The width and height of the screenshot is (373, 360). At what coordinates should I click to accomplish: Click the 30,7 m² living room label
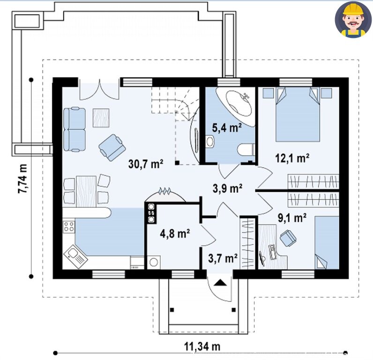146,164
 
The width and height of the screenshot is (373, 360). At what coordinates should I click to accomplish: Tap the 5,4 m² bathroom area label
227,128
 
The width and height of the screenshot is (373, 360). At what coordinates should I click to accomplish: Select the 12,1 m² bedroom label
292,158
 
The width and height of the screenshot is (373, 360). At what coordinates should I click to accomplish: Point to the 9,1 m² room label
292,217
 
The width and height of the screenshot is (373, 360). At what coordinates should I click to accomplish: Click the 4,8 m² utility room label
175,233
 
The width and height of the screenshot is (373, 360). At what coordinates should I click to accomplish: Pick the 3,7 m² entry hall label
223,258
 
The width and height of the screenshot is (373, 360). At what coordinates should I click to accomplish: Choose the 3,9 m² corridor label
227,188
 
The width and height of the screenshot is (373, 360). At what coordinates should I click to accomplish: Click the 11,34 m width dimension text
202,346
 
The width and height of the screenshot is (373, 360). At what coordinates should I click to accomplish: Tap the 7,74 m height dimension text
23,179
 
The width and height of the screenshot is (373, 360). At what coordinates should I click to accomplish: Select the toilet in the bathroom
246,150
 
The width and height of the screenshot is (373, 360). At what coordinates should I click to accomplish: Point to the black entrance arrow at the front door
221,283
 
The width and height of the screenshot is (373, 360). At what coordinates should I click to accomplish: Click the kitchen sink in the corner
75,256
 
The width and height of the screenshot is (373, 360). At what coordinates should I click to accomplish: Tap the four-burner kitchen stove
69,226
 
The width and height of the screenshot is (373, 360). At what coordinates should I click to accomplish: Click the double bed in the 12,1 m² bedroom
298,114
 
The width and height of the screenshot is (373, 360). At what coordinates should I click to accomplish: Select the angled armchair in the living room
112,148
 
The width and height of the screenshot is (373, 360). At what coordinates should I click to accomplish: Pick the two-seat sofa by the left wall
75,129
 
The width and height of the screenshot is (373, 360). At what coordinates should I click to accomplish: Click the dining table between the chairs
86,192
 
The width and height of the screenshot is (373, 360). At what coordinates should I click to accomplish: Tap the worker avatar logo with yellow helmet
353,20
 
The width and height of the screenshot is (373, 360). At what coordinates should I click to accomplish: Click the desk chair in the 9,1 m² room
288,238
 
